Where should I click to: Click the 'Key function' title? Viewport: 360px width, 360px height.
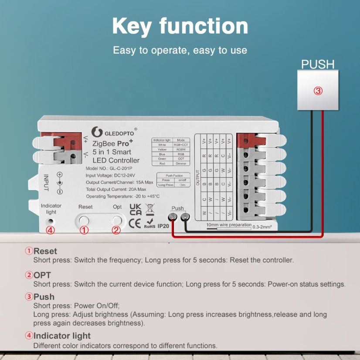pyautogui.click(x=180, y=26)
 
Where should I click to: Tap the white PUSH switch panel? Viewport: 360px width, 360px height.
pyautogui.click(x=318, y=91)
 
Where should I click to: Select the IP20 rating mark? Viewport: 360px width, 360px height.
pyautogui.click(x=163, y=226)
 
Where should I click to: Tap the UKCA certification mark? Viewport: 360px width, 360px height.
pyautogui.click(x=136, y=209)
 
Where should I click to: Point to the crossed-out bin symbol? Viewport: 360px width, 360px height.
pyautogui.click(x=149, y=208)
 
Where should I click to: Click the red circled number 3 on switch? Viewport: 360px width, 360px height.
pyautogui.click(x=318, y=91)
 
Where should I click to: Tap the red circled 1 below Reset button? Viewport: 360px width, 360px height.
pyautogui.click(x=84, y=231)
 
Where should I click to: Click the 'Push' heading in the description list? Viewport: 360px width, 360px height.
pyautogui.click(x=44, y=297)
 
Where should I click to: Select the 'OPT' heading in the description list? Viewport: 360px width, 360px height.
pyautogui.click(x=42, y=275)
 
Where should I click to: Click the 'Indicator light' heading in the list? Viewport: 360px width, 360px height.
pyautogui.click(x=62, y=336)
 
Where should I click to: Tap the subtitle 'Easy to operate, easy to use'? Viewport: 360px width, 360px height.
pyautogui.click(x=180, y=50)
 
